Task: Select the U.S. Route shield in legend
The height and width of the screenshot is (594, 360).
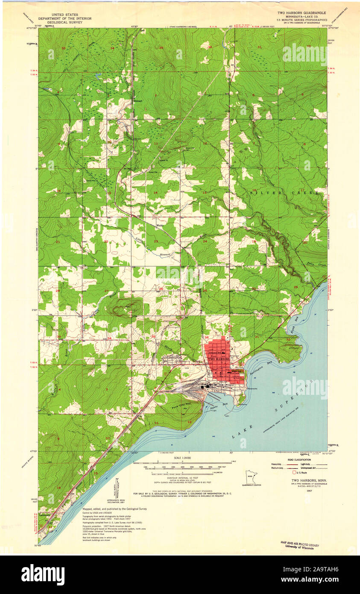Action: click(x=294, y=473)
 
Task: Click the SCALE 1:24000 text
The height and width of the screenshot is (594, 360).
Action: click(x=182, y=458)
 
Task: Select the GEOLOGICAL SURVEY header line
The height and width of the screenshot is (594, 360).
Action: click(x=59, y=24)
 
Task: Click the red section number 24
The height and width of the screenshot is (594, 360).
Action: click(x=205, y=241)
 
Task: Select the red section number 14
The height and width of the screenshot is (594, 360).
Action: click(x=155, y=193)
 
